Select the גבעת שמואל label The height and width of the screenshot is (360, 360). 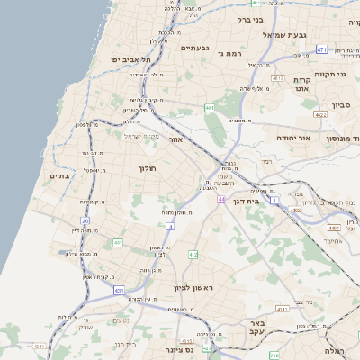(x=284, y=35)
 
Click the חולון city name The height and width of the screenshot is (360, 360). (x=148, y=168)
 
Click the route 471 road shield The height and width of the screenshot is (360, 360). (x=321, y=50)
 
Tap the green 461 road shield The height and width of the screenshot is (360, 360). (x=210, y=108)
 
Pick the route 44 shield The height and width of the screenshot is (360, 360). (x=220, y=199)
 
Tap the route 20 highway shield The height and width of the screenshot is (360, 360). (x=85, y=220)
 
